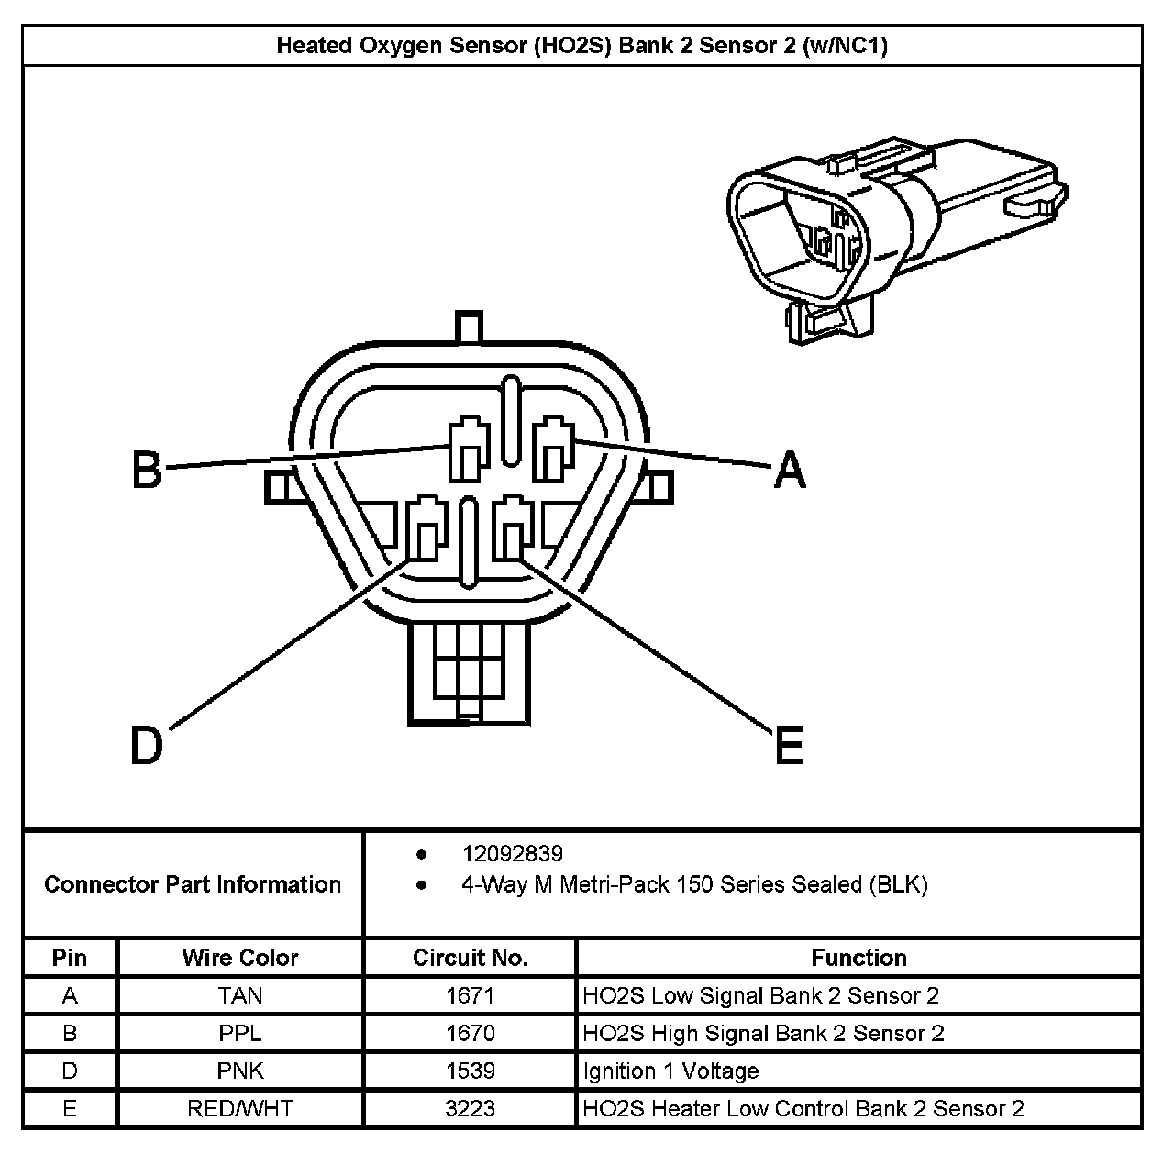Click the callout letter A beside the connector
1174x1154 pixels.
(790, 470)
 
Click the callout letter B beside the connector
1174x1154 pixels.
(147, 470)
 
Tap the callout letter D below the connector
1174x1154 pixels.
(147, 745)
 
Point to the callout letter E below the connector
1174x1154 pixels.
(789, 744)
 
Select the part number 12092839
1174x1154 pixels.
(512, 854)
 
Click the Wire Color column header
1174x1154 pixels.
(240, 958)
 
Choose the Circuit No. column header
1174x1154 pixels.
(470, 958)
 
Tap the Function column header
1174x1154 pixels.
(858, 958)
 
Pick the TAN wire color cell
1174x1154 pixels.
(240, 995)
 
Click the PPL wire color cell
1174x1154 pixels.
(240, 1033)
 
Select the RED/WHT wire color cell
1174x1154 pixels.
(240, 1108)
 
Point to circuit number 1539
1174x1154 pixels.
(470, 1071)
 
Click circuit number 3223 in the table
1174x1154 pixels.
(470, 1108)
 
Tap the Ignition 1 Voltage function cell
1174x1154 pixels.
(670, 1071)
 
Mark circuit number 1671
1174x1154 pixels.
(470, 995)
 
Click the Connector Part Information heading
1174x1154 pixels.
(193, 884)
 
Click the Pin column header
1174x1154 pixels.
(70, 958)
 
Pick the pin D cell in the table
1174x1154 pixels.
(70, 1071)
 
